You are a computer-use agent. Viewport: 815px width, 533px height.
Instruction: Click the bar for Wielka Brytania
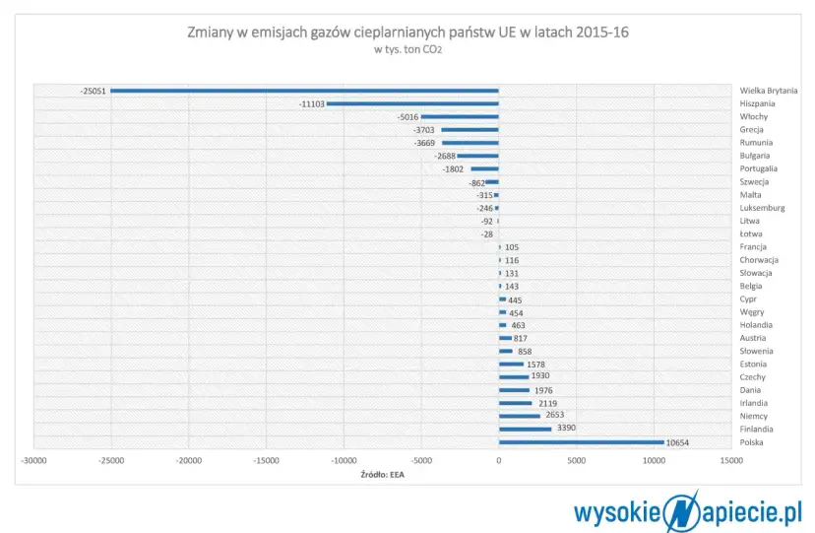(x=304, y=91)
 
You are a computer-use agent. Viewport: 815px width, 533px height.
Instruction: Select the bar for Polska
(x=581, y=442)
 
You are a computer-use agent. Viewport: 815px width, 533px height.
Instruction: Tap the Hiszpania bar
(x=412, y=103)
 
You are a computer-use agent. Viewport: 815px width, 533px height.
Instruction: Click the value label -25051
(x=94, y=91)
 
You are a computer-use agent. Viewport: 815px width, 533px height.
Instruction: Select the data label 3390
(x=566, y=430)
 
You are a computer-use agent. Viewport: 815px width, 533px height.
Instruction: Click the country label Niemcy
(x=754, y=416)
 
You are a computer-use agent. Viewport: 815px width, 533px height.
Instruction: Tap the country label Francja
(x=755, y=247)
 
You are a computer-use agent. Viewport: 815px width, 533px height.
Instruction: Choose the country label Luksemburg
(x=762, y=208)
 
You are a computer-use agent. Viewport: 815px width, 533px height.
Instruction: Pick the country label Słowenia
(x=758, y=351)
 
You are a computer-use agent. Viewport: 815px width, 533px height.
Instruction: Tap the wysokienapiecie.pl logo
(x=690, y=510)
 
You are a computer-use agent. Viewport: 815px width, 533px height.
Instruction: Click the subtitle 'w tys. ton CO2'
(x=407, y=50)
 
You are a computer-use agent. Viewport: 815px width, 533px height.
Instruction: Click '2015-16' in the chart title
(x=599, y=33)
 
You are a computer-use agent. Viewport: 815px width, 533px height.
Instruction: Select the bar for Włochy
(x=460, y=116)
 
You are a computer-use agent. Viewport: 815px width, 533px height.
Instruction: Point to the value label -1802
(x=453, y=168)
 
